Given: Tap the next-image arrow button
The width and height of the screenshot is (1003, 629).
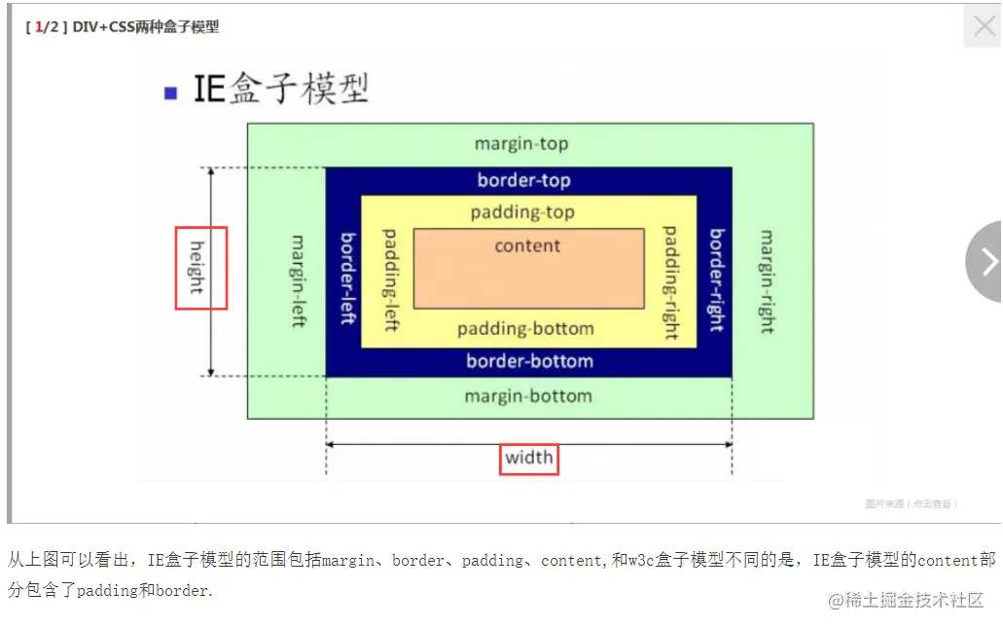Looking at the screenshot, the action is (x=987, y=261).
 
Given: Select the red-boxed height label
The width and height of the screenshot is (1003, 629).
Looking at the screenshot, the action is (x=200, y=268).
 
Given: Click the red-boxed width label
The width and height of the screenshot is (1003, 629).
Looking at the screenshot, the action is (x=529, y=458).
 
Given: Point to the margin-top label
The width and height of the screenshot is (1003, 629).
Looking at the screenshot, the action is (x=521, y=144).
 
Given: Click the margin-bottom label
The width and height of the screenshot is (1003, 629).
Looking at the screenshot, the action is (x=528, y=396).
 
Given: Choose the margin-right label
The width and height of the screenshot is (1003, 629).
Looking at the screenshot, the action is (x=767, y=281).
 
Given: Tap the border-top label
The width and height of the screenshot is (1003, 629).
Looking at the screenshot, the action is (x=523, y=180).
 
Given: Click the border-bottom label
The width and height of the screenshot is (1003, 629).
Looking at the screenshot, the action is (x=529, y=361).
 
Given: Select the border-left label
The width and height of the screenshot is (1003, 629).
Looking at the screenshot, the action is (x=346, y=277).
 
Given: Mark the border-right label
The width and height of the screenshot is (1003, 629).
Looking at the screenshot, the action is (x=717, y=279).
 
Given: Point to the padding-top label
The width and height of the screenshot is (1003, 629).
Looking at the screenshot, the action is (x=522, y=212).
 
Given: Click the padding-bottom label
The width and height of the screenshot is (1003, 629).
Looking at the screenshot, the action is (x=525, y=329).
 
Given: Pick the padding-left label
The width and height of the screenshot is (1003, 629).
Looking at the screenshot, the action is (x=390, y=279).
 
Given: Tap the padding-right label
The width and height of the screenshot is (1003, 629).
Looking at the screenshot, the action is (x=670, y=282).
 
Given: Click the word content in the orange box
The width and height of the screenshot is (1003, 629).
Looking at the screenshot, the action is (x=527, y=246).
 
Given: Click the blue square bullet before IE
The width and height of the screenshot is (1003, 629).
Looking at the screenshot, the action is (x=171, y=93).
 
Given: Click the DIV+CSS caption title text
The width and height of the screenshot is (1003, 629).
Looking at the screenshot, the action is (x=146, y=27).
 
